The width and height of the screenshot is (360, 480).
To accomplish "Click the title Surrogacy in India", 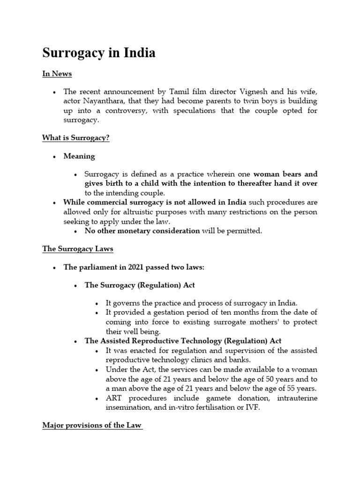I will (x=99, y=53).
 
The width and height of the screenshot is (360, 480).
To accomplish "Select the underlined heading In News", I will (x=57, y=74).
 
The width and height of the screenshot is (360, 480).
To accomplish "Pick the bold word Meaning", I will (x=79, y=156).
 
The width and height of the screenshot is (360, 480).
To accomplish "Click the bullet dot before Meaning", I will (x=55, y=156).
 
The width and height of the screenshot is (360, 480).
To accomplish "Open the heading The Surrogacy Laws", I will (x=77, y=249).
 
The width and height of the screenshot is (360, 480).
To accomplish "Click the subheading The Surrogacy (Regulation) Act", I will (x=139, y=285).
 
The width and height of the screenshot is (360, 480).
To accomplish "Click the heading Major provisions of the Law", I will (x=92, y=425).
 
